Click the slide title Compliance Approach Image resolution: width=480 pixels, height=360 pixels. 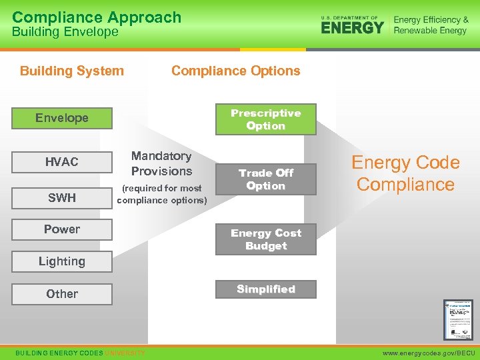point(97,17)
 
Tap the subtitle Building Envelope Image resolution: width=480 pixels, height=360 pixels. point(65,32)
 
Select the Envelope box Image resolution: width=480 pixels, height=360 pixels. point(62,118)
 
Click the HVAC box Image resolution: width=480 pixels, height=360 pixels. point(62,162)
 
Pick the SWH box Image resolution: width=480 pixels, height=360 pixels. point(62,198)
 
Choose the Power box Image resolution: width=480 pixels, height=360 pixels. point(62,229)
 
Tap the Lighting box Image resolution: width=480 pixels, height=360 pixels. point(62,261)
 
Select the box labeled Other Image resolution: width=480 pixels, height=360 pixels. point(62,294)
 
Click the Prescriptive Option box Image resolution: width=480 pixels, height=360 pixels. point(265,119)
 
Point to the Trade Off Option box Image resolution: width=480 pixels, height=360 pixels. point(265,179)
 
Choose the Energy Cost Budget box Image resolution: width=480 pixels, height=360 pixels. point(265,239)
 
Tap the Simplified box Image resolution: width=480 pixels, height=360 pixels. point(265,289)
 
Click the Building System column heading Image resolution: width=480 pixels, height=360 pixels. point(72,71)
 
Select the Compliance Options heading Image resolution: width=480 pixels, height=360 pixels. point(235,71)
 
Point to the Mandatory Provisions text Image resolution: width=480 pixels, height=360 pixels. point(161,163)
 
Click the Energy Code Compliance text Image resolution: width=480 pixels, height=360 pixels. point(405,173)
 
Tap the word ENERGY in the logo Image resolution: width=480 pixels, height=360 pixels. point(353,27)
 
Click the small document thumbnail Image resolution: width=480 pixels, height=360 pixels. point(458,319)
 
